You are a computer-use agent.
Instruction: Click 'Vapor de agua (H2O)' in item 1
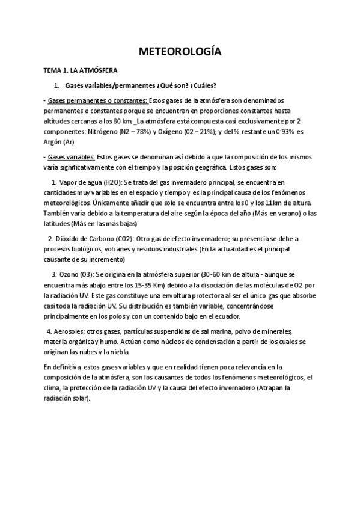point(89,182)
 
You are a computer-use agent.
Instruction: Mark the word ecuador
point(225,316)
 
